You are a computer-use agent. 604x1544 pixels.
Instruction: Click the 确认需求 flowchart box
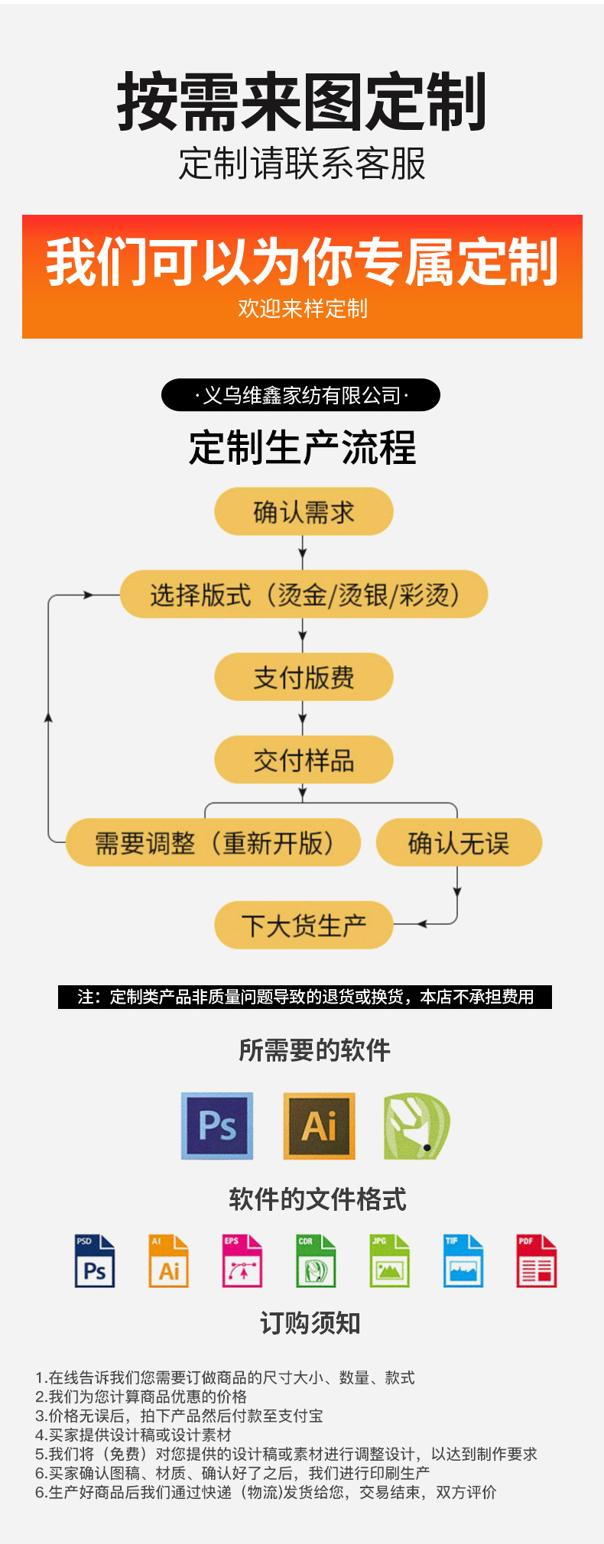[304, 511]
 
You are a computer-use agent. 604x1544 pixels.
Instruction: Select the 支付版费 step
[304, 677]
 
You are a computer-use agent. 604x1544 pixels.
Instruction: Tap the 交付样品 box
[304, 760]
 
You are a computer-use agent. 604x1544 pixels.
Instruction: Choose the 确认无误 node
[459, 842]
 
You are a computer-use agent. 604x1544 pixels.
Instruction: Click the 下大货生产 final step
[304, 925]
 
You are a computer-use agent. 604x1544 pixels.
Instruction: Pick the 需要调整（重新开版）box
[213, 842]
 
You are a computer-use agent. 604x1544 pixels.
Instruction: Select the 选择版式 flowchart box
[304, 594]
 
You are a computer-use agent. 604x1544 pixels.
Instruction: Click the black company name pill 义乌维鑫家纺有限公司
[300, 395]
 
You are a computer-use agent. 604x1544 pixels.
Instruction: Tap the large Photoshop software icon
[217, 1125]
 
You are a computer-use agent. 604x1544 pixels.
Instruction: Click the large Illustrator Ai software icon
[319, 1125]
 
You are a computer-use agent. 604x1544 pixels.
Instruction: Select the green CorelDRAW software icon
[416, 1126]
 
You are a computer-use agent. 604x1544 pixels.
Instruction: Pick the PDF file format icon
[536, 1261]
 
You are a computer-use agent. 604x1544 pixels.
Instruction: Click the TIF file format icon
[463, 1261]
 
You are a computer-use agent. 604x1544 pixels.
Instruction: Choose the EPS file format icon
[242, 1261]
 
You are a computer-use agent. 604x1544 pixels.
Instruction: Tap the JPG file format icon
[389, 1261]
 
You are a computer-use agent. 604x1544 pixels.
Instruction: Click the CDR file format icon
[316, 1261]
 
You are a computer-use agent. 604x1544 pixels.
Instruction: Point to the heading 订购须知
[310, 1323]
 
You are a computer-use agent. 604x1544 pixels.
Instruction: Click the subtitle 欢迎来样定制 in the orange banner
[302, 309]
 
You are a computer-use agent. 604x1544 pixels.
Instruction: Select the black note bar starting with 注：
[304, 997]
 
